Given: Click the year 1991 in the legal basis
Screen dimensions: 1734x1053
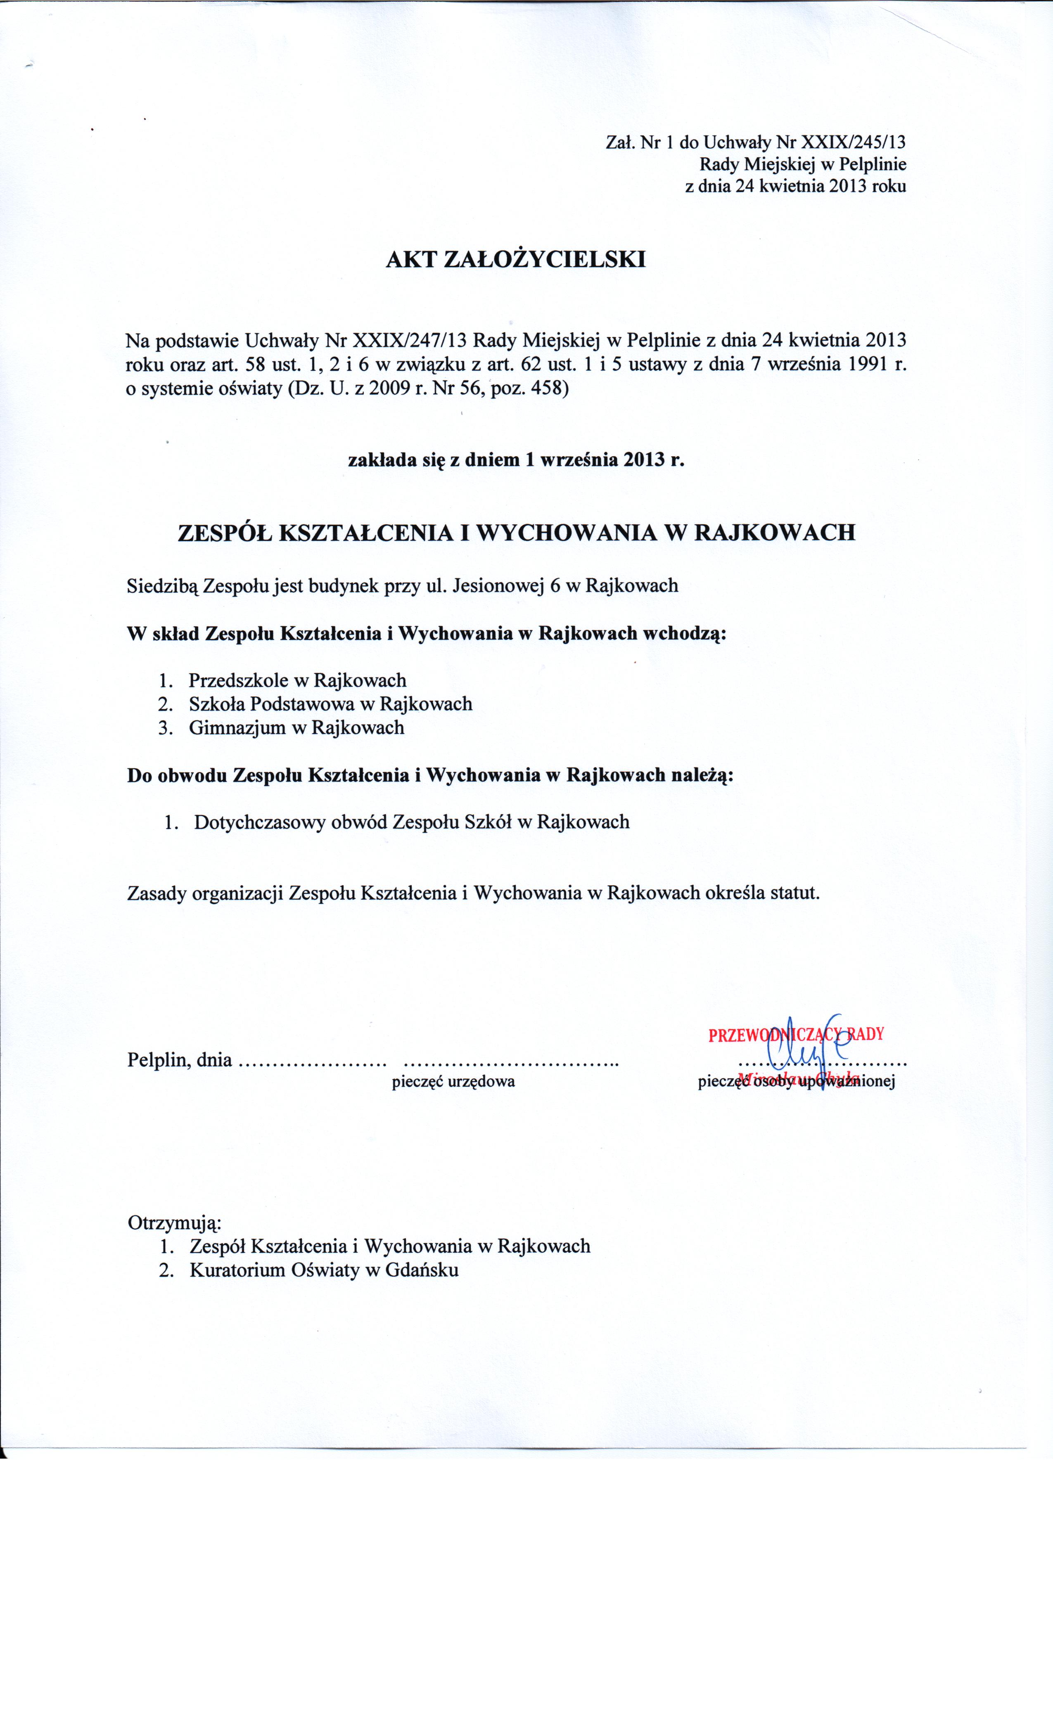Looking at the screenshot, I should [x=860, y=365].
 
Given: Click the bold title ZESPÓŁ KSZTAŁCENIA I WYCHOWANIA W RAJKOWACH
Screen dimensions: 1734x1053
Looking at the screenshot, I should [x=516, y=532].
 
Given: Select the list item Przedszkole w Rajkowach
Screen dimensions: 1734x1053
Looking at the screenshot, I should [x=297, y=680].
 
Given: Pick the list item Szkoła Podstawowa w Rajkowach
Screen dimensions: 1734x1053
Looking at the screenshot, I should [x=330, y=704].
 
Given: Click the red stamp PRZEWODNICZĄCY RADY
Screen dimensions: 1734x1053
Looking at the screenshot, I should [x=795, y=1035].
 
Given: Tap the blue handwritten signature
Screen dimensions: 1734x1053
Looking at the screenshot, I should [x=806, y=1049].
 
